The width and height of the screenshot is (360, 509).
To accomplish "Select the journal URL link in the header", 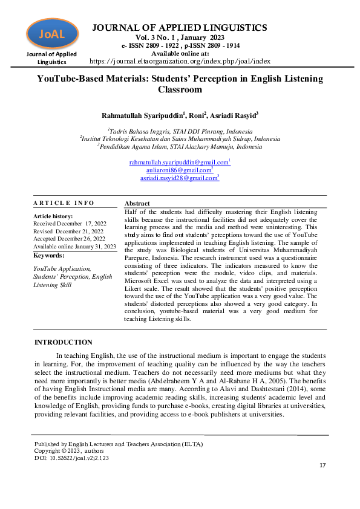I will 180,61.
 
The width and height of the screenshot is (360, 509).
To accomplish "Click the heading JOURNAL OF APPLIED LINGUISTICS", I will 179,28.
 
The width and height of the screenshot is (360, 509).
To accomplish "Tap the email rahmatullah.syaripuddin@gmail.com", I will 179,163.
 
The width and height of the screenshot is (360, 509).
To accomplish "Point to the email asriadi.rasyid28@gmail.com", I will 179,178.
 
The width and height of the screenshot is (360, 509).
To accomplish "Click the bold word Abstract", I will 137,204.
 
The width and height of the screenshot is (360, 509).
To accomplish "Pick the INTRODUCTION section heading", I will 64,342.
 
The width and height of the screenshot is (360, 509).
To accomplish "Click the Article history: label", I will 53,216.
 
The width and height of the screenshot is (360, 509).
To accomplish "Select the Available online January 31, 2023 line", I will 74,247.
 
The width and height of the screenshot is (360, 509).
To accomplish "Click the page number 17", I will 322,465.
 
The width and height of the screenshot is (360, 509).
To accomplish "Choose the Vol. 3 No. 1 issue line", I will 179,37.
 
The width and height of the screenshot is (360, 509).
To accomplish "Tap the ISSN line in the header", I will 179,45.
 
